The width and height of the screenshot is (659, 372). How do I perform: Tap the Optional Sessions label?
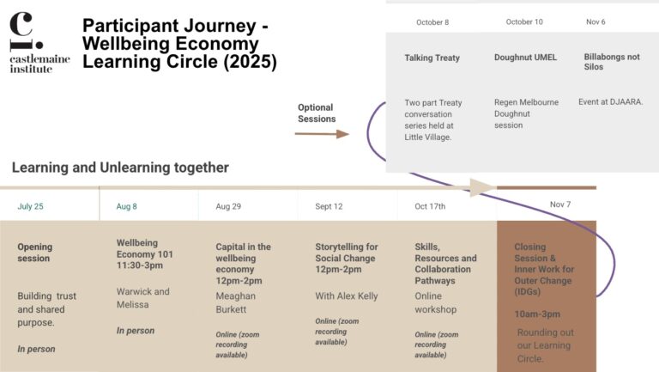316,113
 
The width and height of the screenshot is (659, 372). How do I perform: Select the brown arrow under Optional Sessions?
322,134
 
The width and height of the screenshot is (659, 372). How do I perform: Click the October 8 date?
432,22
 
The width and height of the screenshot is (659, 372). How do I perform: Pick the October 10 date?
524,22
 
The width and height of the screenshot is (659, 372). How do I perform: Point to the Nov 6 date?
596,22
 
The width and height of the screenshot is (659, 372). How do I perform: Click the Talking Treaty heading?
432,58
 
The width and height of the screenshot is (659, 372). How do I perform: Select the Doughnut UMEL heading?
525,58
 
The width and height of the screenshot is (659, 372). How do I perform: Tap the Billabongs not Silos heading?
612,62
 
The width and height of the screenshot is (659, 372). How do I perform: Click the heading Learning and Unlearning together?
120,168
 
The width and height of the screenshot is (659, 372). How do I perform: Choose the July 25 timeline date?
30,206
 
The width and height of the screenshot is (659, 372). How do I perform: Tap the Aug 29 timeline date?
228,206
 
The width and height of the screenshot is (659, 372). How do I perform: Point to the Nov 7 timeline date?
560,205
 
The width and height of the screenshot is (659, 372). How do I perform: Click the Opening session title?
34,253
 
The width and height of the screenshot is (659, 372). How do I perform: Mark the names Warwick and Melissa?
143,297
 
